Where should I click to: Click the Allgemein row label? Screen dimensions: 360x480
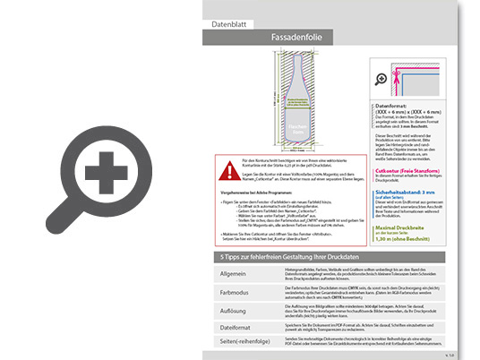coord(234,272)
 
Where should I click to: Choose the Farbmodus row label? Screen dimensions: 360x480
coord(236,291)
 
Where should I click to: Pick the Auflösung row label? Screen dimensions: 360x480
coord(235,309)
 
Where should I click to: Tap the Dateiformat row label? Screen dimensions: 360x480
coord(236,327)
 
